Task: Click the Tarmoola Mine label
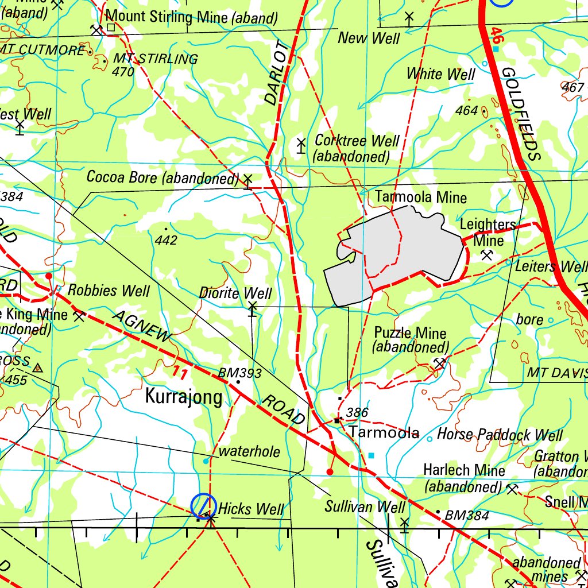click(421, 198)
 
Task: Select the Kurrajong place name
click(184, 397)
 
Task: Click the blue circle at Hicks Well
click(203, 505)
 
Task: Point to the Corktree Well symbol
click(301, 146)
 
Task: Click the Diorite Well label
click(235, 293)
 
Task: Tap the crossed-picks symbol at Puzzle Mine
click(440, 363)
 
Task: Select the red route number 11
click(179, 373)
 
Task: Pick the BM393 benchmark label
click(239, 373)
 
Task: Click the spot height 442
click(166, 240)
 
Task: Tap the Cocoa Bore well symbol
click(248, 181)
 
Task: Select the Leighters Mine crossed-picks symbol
click(487, 254)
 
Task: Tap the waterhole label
click(249, 452)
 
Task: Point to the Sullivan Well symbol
click(404, 524)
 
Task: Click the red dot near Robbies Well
click(49, 276)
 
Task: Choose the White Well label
click(440, 74)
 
